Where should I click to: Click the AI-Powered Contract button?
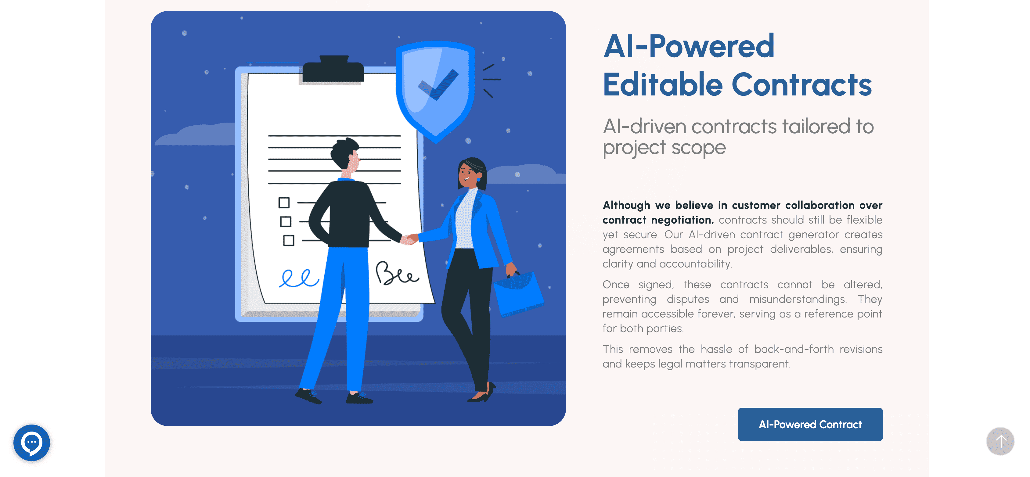[810, 424]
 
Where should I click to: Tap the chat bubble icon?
[32, 443]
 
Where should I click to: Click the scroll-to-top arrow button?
[1000, 441]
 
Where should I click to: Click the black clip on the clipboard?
[333, 69]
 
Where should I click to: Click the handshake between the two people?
[409, 239]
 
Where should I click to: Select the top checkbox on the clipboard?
[284, 203]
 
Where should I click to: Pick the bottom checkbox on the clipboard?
[289, 240]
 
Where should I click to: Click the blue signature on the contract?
[299, 278]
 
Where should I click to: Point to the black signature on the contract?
[397, 274]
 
